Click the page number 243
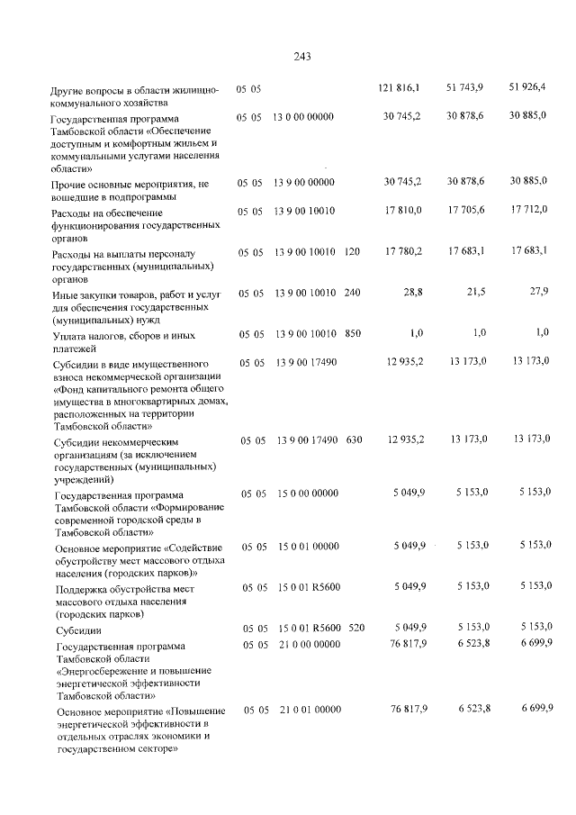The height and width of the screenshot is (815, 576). click(x=301, y=56)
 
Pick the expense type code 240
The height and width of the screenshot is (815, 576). click(x=352, y=293)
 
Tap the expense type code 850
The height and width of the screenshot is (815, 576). click(x=352, y=333)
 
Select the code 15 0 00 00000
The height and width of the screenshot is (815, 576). click(x=304, y=494)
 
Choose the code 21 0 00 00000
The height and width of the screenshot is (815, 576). click(x=304, y=646)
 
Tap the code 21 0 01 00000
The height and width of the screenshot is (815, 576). click(x=304, y=711)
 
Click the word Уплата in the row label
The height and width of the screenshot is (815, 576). click(x=72, y=335)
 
